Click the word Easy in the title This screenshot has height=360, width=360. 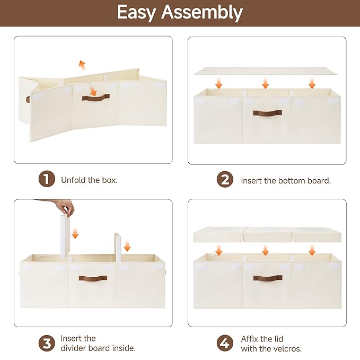pyautogui.click(x=136, y=13)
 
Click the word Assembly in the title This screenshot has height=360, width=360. pyautogui.click(x=202, y=13)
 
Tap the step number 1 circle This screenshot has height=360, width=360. pyautogui.click(x=47, y=179)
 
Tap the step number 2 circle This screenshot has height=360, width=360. pyautogui.click(x=225, y=180)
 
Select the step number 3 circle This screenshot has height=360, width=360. pyautogui.click(x=47, y=343)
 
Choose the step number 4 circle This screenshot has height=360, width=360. pyautogui.click(x=225, y=343)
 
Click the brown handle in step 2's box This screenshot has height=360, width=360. pyautogui.click(x=267, y=113)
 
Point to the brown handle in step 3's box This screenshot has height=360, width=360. pyautogui.click(x=93, y=278)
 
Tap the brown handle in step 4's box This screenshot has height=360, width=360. pyautogui.click(x=268, y=278)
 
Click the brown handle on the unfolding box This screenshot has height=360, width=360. pyautogui.click(x=96, y=98)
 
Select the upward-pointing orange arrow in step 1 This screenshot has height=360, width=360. pyautogui.click(x=82, y=65)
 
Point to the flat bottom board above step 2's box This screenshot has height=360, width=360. pyautogui.click(x=266, y=71)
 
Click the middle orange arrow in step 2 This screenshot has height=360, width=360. pyautogui.click(x=266, y=83)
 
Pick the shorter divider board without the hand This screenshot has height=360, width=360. pyautogui.click(x=118, y=248)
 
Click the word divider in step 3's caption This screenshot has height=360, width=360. pyautogui.click(x=74, y=348)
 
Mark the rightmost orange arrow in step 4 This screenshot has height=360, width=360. pyautogui.click(x=312, y=250)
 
